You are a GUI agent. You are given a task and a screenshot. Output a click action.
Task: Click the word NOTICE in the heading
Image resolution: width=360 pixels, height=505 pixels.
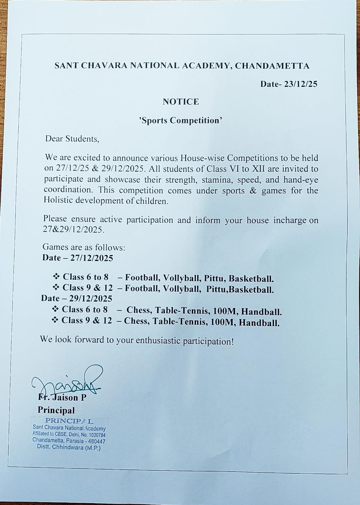[x=181, y=102]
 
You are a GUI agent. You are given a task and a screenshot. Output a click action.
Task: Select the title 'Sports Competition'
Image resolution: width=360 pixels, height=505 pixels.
[x=181, y=121]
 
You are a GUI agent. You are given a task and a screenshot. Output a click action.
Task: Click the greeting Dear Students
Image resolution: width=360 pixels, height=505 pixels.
[x=72, y=139]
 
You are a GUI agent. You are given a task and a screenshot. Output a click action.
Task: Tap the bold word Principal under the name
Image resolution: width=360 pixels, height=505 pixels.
[x=56, y=410]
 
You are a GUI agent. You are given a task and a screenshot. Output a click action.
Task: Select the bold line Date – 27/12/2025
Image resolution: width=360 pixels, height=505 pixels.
[x=78, y=258]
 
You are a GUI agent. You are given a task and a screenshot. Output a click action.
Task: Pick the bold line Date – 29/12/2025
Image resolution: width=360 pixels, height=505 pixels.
[x=77, y=298]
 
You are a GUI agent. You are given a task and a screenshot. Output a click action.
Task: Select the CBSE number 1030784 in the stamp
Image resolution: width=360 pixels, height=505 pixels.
[x=94, y=435]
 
